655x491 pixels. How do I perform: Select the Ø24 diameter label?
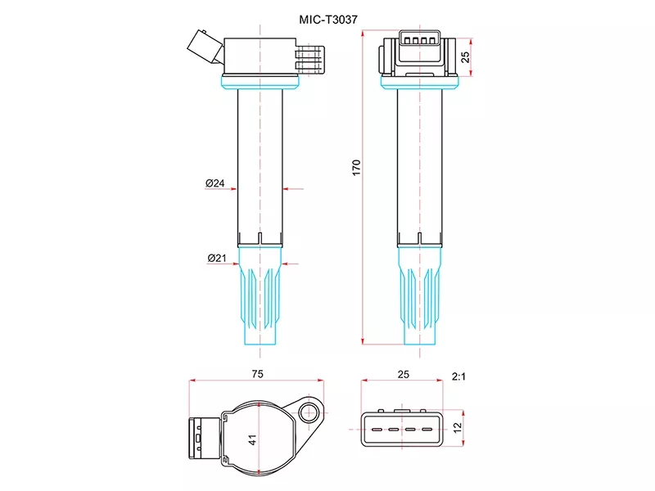[215, 184]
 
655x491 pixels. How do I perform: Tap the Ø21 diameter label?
[216, 259]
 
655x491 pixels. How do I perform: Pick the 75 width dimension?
[257, 373]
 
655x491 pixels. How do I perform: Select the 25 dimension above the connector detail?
[402, 373]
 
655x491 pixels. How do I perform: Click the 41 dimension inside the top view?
[252, 439]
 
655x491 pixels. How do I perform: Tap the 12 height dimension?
[458, 426]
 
